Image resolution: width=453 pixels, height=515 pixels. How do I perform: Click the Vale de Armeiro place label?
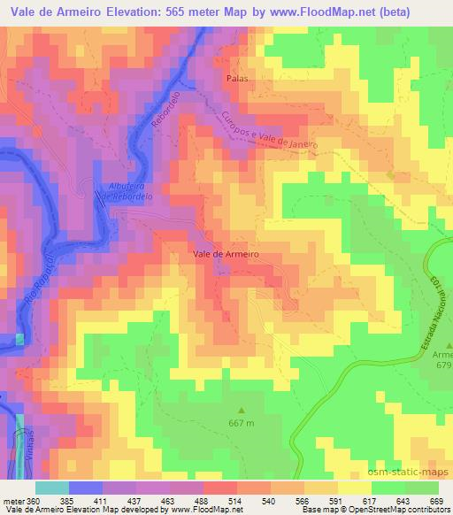225,253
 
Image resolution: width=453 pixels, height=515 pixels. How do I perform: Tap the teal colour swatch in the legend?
51,488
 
